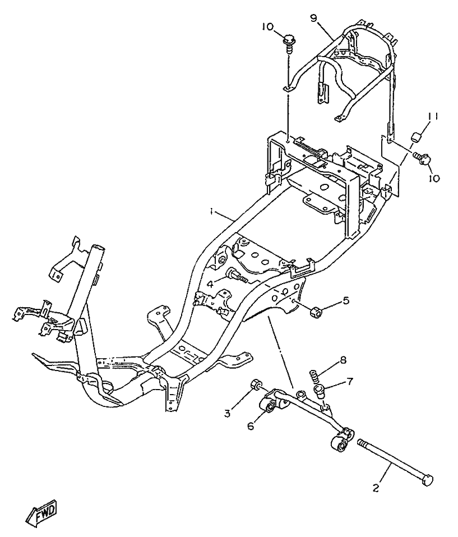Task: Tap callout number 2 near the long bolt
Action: coord(376,488)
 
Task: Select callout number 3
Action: coord(227,414)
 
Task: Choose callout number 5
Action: coord(346,300)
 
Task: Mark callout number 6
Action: coord(251,426)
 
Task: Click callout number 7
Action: coord(350,382)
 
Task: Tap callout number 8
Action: coord(343,360)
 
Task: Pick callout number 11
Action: coord(433,117)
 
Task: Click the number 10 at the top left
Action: coord(266,26)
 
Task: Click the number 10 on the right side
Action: coord(434,178)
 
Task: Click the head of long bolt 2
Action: coord(428,481)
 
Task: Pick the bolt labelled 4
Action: coord(235,275)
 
